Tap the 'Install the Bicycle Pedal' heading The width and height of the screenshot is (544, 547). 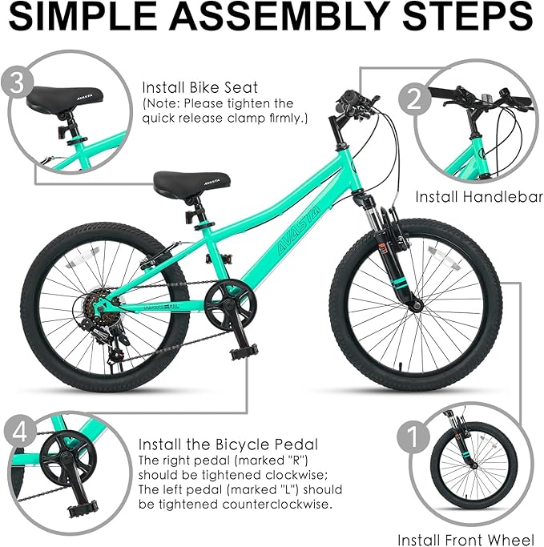[x=228, y=444]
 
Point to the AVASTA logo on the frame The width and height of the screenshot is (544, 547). [x=287, y=231]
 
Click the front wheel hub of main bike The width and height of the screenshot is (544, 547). [x=415, y=304]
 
